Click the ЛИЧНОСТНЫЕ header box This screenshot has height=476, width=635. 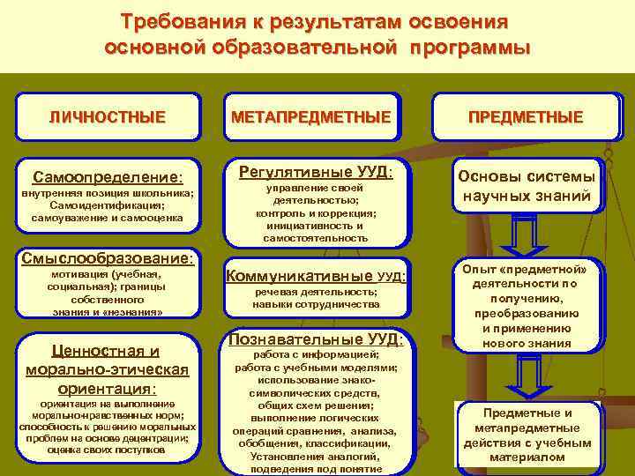click(107, 116)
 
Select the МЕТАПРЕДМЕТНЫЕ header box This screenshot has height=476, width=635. click(310, 116)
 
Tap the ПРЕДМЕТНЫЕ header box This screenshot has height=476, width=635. click(525, 116)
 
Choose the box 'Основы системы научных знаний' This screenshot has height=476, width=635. click(526, 186)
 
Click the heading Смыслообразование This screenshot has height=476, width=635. click(107, 259)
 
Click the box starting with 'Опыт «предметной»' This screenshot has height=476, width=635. click(525, 305)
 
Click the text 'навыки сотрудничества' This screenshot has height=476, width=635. click(315, 303)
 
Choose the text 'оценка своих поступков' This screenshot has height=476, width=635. click(107, 450)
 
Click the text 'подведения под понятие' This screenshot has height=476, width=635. click(315, 469)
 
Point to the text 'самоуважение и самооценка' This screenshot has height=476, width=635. click(107, 217)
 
